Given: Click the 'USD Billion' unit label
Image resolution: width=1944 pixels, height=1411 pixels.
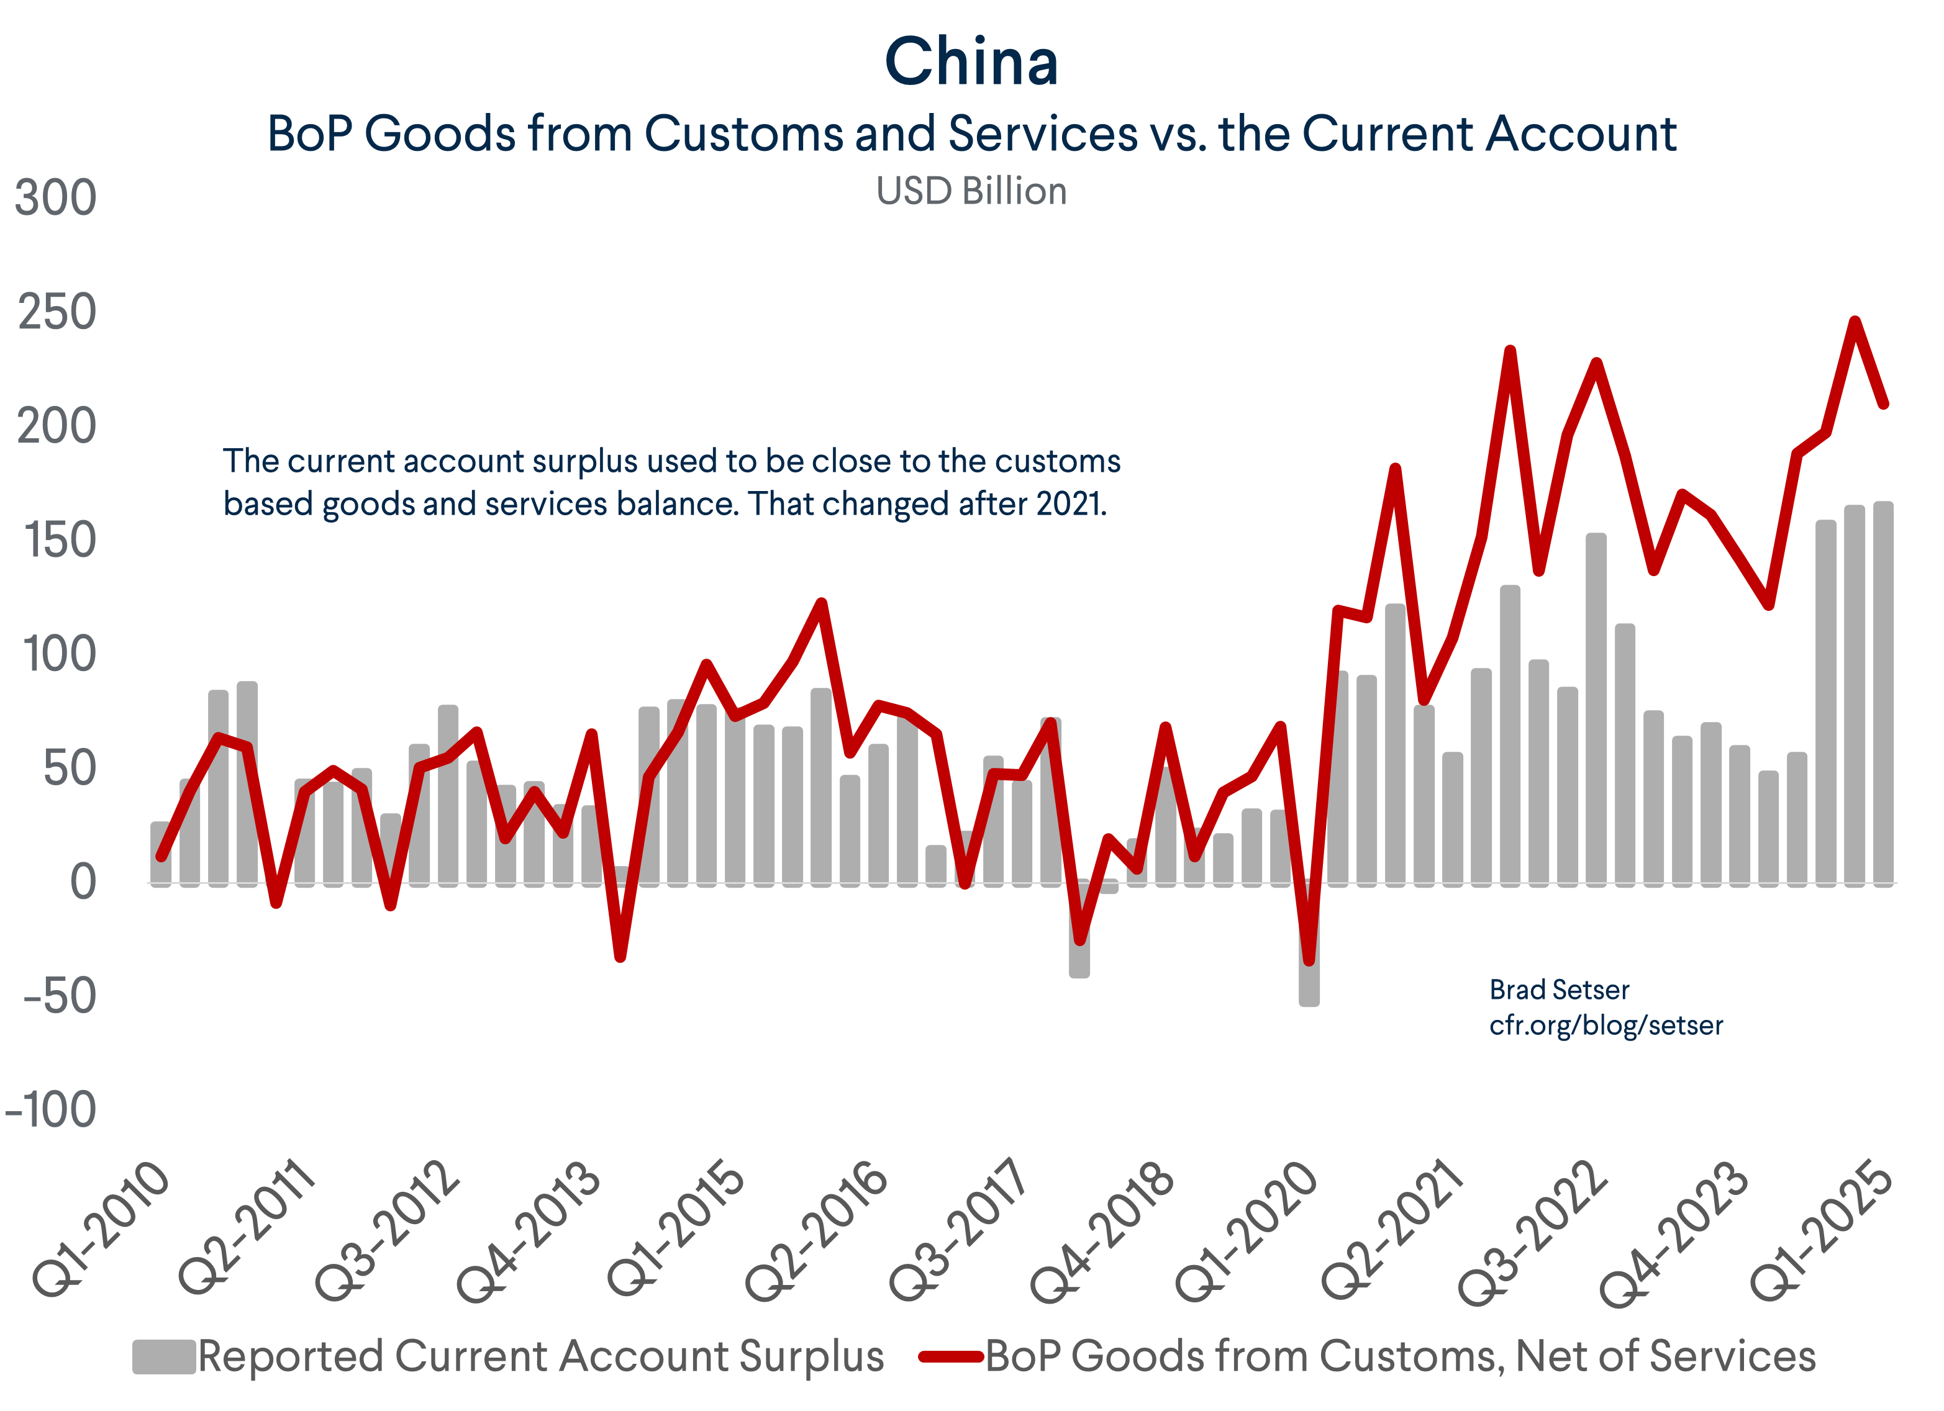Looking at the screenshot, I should click(971, 191).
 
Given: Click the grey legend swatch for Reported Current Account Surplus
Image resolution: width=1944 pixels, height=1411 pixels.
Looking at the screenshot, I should click(164, 1357).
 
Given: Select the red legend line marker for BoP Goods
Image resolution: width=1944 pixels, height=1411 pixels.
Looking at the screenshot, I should click(950, 1357).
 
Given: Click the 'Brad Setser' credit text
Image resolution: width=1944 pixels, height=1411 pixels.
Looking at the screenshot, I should click(1558, 990).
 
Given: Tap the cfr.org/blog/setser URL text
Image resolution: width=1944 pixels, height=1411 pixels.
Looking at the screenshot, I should click(1606, 1026).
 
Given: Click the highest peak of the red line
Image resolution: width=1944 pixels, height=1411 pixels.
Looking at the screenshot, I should click(1855, 322).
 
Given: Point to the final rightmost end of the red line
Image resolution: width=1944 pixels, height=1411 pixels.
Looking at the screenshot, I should click(1884, 403).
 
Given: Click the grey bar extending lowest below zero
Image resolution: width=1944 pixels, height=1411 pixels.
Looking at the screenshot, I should click(1309, 960).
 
